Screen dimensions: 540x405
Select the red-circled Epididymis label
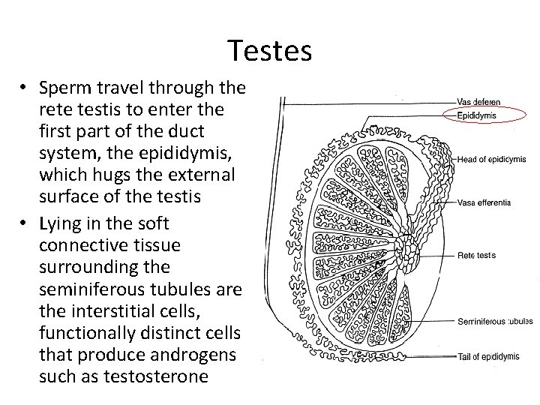[x=477, y=115]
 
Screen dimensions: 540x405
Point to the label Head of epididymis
[x=491, y=159]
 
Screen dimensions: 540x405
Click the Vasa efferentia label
[x=484, y=202]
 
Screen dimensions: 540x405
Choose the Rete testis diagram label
[x=477, y=255]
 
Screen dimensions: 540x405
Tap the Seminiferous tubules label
[x=495, y=322]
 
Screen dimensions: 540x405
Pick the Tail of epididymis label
[x=490, y=356]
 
